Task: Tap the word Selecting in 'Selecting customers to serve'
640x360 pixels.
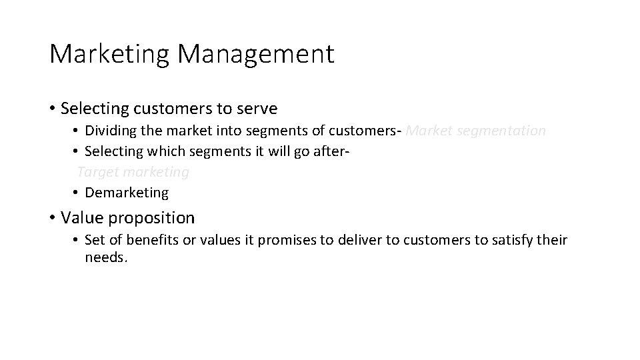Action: point(90,108)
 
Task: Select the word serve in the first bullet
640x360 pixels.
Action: point(257,108)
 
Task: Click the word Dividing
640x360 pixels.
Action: point(109,131)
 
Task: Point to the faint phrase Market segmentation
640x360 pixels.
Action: point(475,131)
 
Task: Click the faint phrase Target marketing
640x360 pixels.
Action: point(133,172)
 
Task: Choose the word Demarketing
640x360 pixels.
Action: point(127,193)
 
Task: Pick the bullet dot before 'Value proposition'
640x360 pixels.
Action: point(53,218)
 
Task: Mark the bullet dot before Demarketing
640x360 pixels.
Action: point(77,193)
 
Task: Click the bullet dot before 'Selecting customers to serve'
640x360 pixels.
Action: point(53,108)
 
